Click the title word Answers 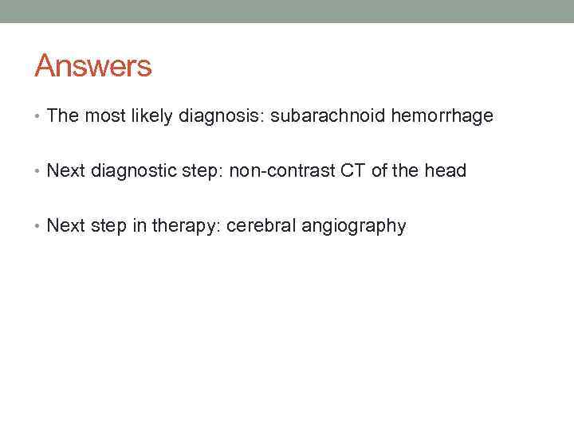click(x=92, y=65)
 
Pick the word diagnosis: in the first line click(x=217, y=116)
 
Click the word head click(x=446, y=171)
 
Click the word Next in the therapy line click(x=65, y=226)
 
